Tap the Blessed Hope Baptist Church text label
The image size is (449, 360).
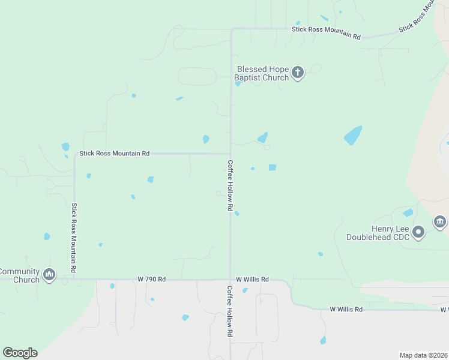(x=262, y=74)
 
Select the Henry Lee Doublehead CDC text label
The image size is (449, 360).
(x=378, y=233)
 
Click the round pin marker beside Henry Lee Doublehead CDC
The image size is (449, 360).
(x=419, y=232)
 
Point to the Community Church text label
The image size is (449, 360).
(x=19, y=275)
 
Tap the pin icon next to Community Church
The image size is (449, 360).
(x=49, y=275)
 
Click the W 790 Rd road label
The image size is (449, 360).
(x=151, y=279)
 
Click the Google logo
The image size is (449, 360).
(x=20, y=353)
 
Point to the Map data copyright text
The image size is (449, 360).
(x=423, y=355)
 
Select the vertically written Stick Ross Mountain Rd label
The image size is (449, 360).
(x=74, y=238)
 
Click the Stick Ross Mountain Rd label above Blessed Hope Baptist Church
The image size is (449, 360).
(x=326, y=32)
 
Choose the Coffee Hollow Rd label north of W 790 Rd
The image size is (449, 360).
(x=229, y=185)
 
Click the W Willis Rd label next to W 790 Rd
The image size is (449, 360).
(x=252, y=279)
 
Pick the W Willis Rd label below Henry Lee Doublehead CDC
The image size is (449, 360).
(x=346, y=309)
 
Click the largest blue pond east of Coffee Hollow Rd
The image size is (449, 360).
(x=353, y=136)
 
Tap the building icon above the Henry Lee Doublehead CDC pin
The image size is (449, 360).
(x=440, y=223)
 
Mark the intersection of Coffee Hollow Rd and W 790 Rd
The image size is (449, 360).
(x=231, y=279)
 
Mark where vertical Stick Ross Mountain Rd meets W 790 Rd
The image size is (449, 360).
(x=74, y=279)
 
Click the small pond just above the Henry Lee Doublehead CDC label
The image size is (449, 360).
(x=408, y=212)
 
